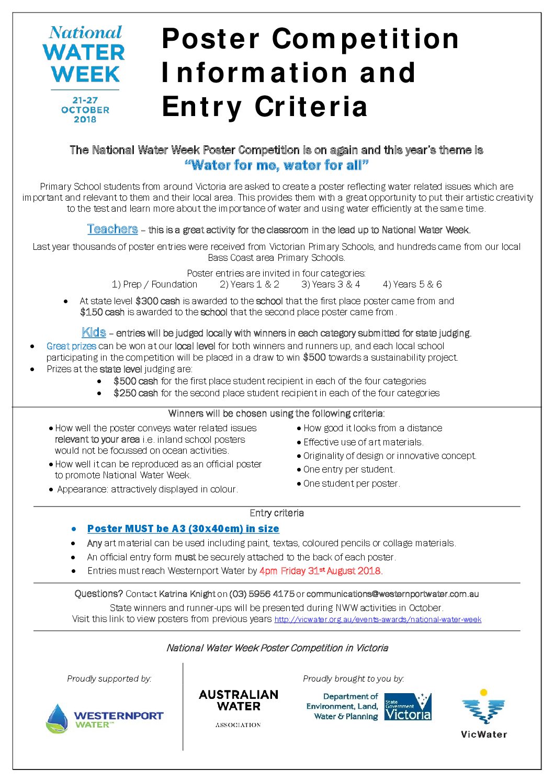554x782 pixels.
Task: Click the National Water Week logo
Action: (x=84, y=74)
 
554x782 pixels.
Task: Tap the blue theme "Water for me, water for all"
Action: (x=277, y=166)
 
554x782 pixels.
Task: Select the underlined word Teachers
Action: (x=112, y=229)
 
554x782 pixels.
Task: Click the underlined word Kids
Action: (x=94, y=332)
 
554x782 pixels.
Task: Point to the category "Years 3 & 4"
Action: (x=331, y=284)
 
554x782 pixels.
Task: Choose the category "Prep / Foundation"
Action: (x=154, y=284)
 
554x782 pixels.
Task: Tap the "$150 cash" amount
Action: (x=102, y=312)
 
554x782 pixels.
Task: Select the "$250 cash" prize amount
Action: (x=135, y=393)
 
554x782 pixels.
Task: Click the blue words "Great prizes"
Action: (x=71, y=346)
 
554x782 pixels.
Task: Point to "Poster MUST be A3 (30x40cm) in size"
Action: (x=183, y=528)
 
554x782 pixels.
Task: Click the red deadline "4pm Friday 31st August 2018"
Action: (x=321, y=571)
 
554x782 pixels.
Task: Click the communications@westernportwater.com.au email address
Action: (x=392, y=594)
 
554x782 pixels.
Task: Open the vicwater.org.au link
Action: (x=378, y=619)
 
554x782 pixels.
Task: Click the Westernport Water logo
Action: (x=105, y=718)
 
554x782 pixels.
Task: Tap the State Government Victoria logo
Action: (x=408, y=707)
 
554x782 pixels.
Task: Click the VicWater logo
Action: (x=484, y=714)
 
